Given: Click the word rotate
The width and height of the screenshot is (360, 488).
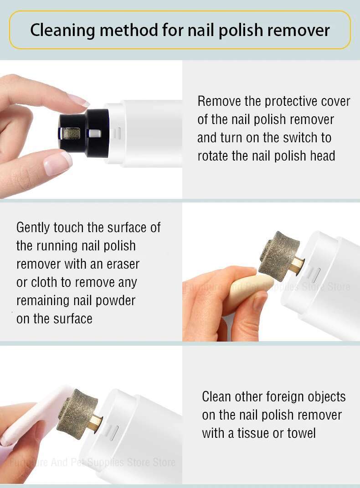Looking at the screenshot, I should (214, 156).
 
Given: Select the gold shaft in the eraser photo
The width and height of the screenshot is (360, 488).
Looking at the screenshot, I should (296, 265).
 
